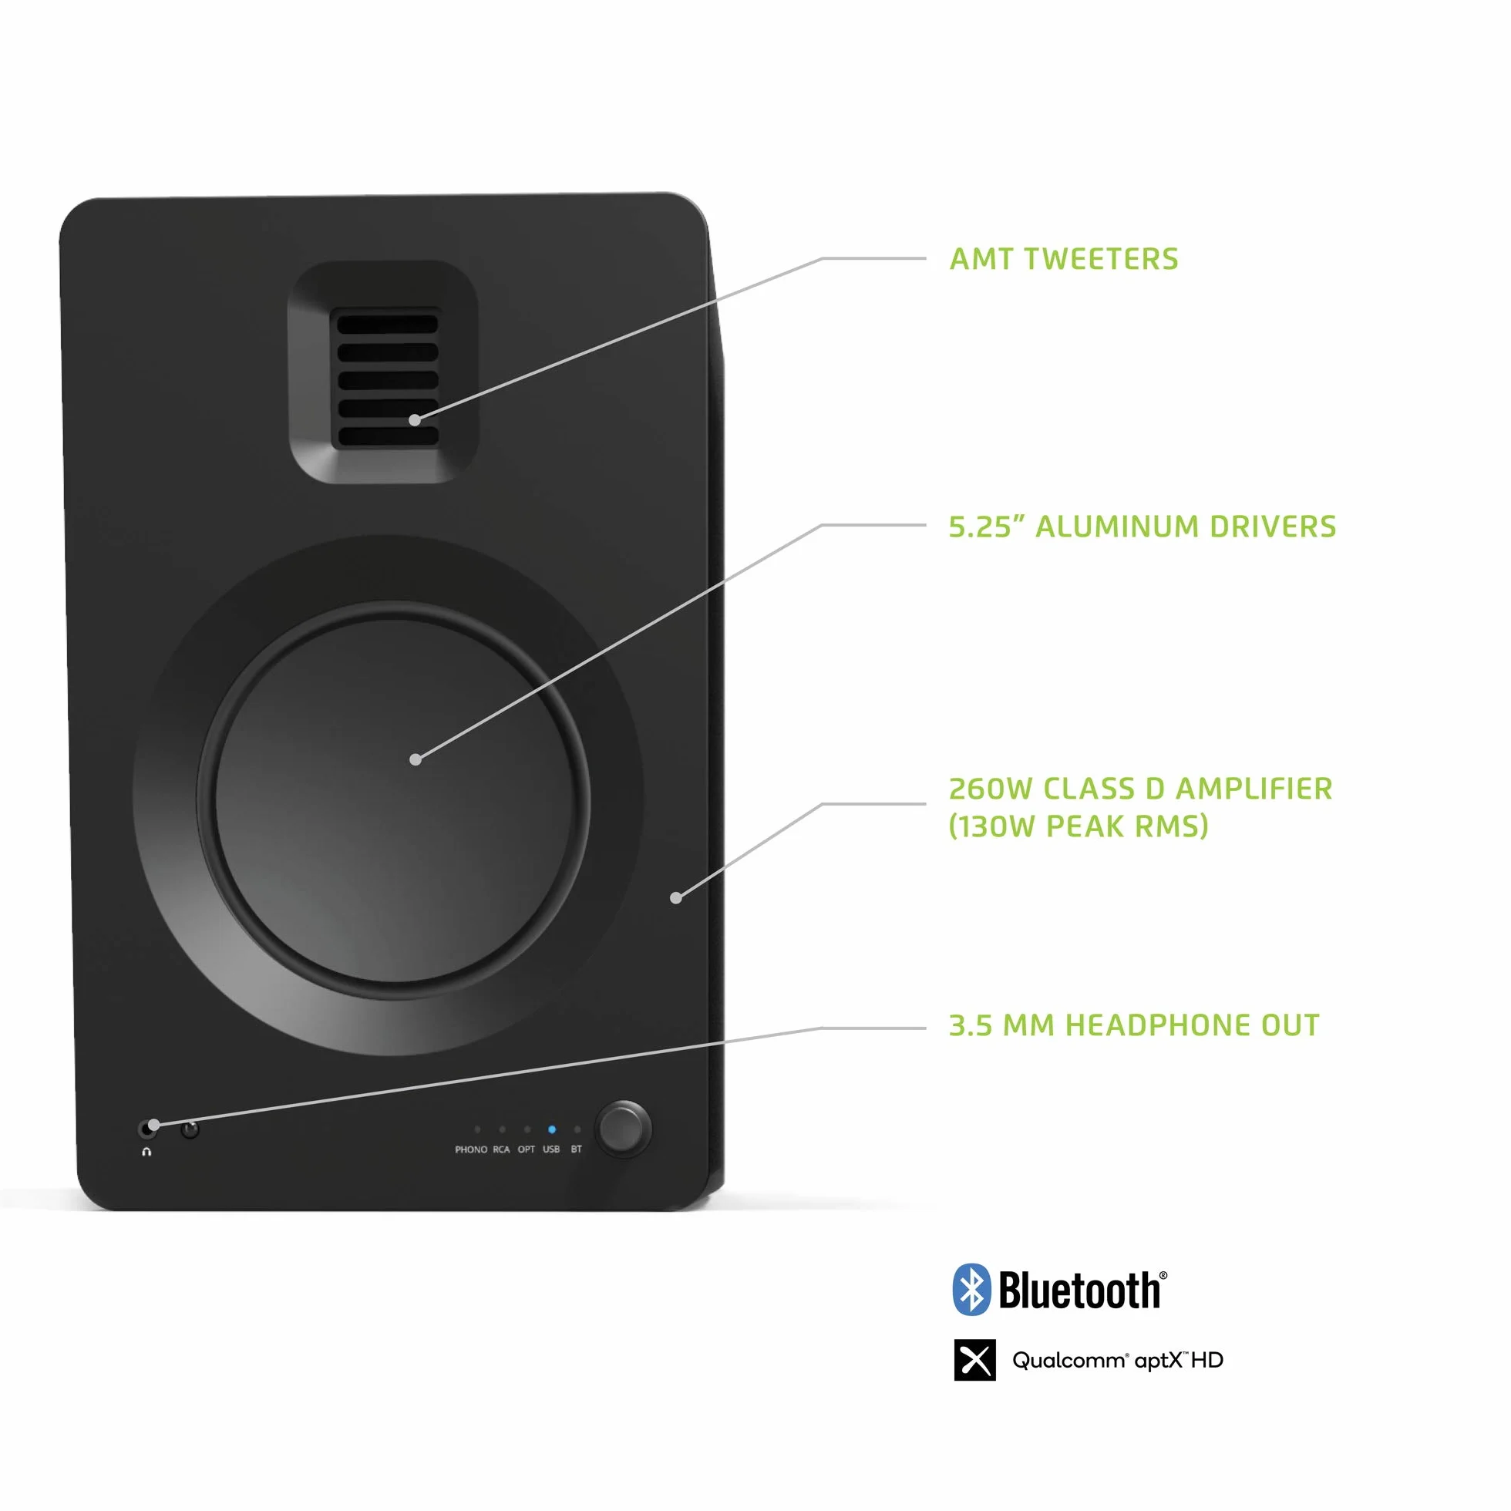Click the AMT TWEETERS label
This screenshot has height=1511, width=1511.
pyautogui.click(x=1064, y=259)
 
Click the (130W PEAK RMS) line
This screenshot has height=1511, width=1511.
pyautogui.click(x=1079, y=826)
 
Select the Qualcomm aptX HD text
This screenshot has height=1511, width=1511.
pyautogui.click(x=1118, y=1361)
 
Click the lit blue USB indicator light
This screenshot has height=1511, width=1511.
pyautogui.click(x=551, y=1129)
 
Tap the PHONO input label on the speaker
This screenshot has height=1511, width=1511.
pyautogui.click(x=471, y=1149)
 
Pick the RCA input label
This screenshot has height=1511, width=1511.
pyautogui.click(x=501, y=1149)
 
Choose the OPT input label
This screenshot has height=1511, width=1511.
pyautogui.click(x=527, y=1149)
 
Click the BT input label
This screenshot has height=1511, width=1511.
pyautogui.click(x=577, y=1149)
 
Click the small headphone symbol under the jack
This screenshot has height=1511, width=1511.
pyautogui.click(x=146, y=1152)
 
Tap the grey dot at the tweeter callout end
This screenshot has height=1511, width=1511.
pyautogui.click(x=415, y=420)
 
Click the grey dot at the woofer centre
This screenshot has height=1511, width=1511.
pyautogui.click(x=416, y=759)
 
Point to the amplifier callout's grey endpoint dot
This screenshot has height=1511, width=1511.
pyautogui.click(x=676, y=898)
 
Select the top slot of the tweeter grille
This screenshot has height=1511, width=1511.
pyautogui.click(x=387, y=324)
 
